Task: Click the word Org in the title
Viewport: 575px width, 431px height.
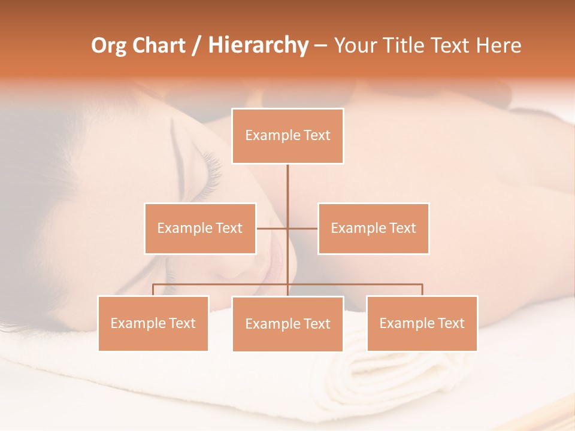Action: coord(109,45)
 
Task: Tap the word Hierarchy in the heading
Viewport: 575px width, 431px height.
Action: coord(258,45)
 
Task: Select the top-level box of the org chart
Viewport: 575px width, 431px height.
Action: coord(287,136)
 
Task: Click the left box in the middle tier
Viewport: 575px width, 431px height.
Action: coord(200,228)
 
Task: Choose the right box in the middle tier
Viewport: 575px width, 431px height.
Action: coord(373,228)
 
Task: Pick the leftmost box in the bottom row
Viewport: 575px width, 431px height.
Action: coord(153,323)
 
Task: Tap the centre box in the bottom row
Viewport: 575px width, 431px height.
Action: coord(287,324)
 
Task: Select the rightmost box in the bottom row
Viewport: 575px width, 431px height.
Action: coord(422,323)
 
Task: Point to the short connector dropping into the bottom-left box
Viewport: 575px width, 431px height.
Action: coord(153,290)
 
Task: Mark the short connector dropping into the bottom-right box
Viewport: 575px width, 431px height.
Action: coord(422,290)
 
